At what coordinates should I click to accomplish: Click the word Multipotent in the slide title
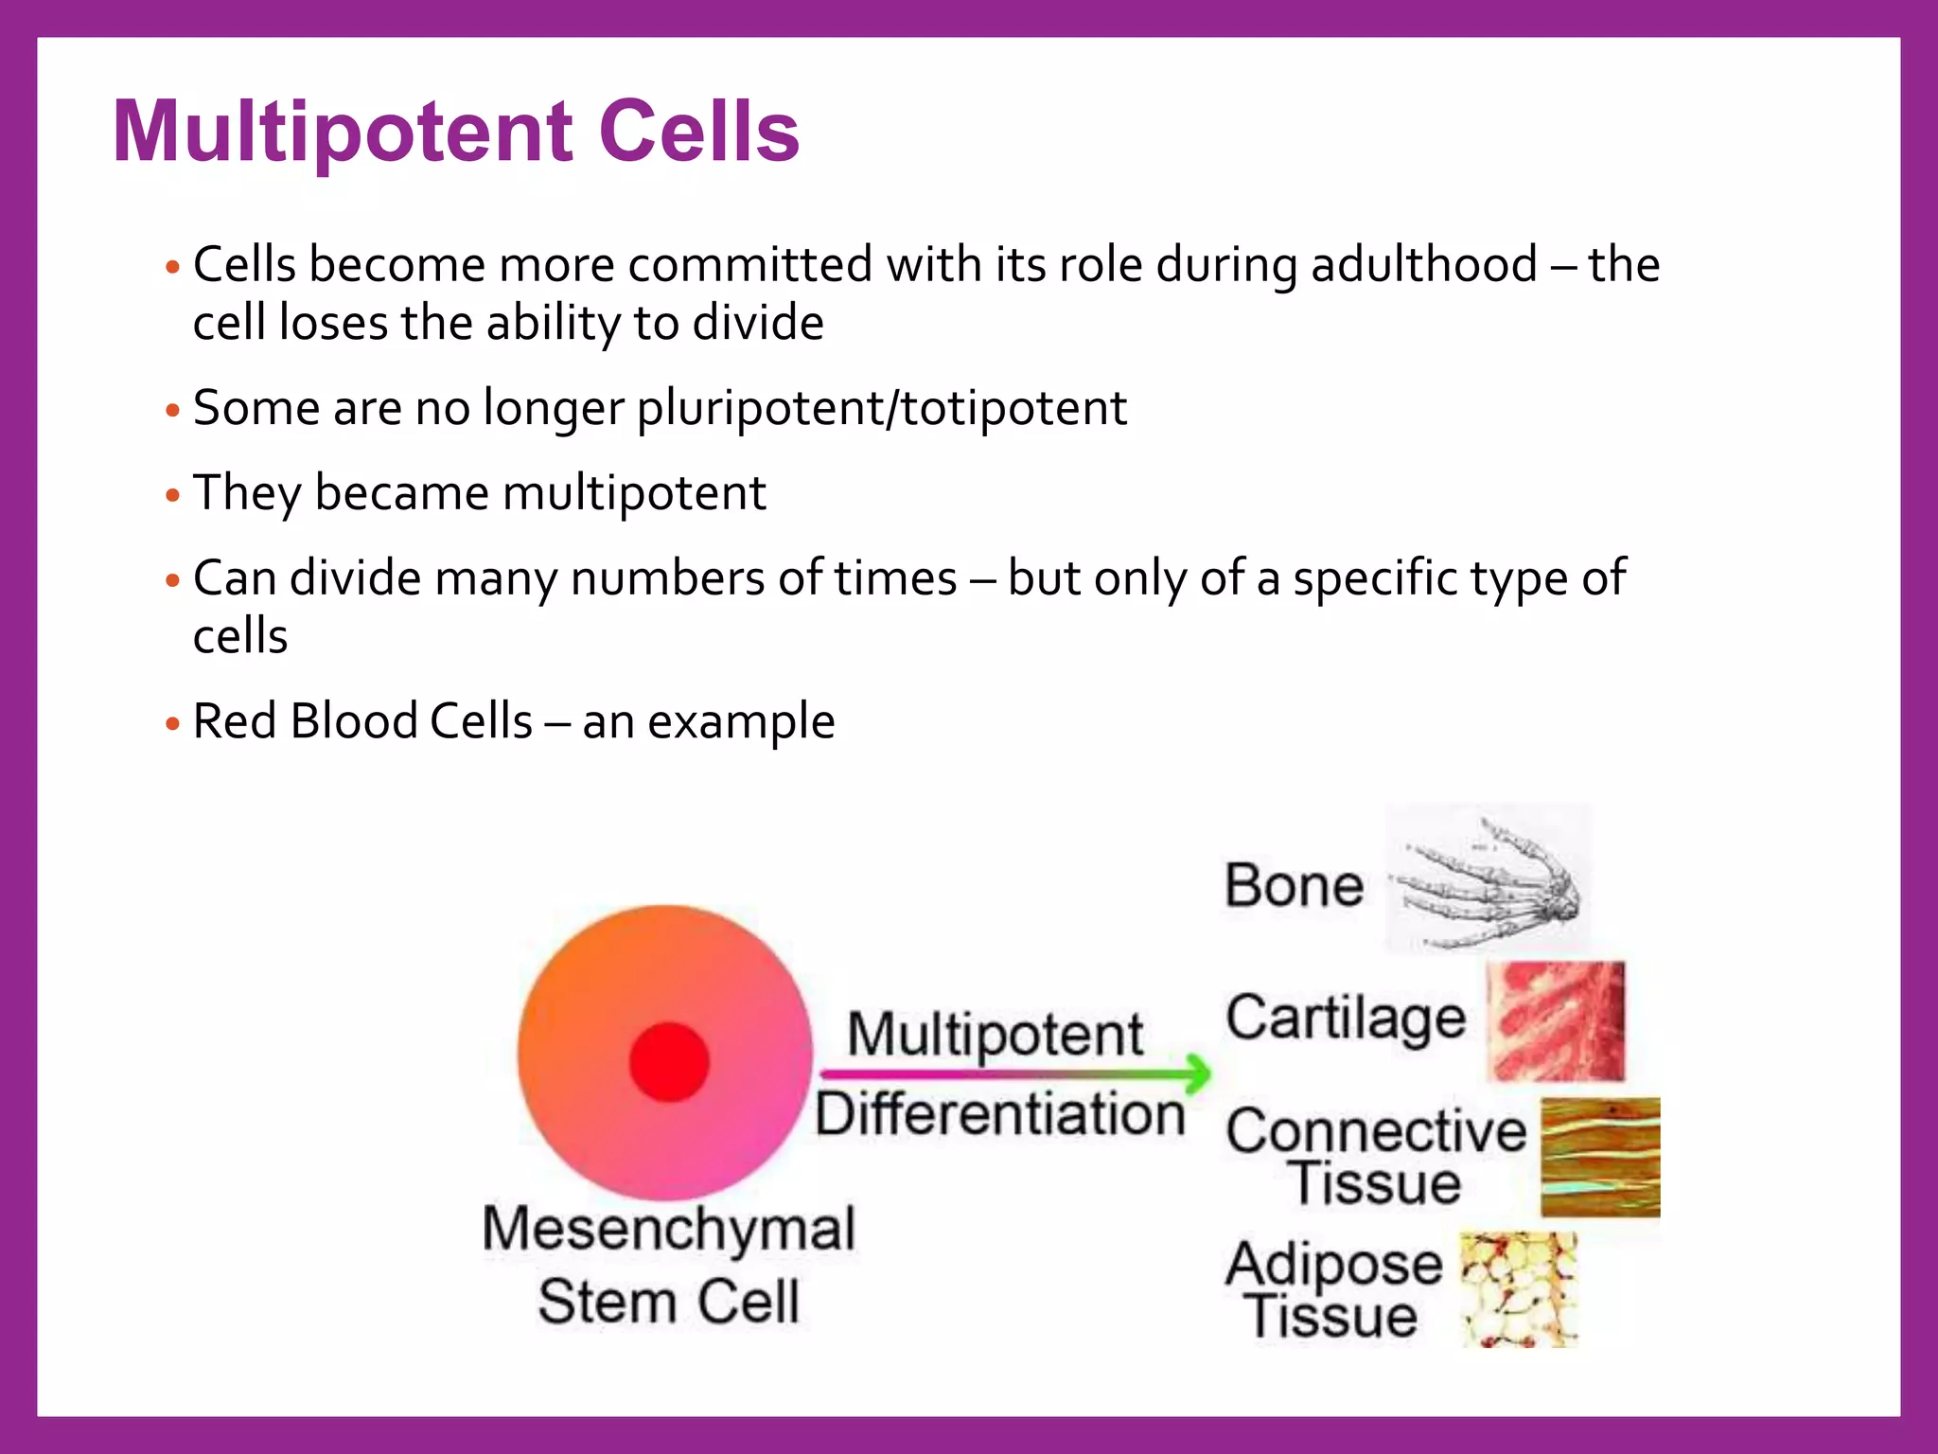(x=343, y=133)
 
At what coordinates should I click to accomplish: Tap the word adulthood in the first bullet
(x=1423, y=265)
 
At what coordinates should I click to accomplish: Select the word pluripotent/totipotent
(x=881, y=409)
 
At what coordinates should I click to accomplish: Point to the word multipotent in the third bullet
(x=634, y=493)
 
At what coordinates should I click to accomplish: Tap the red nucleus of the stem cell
(x=669, y=1062)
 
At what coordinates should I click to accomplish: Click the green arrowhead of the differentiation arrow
(x=1197, y=1073)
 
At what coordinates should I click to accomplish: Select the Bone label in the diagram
(x=1294, y=886)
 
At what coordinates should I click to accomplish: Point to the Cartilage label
(x=1345, y=1019)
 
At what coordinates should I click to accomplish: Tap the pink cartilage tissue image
(x=1556, y=1021)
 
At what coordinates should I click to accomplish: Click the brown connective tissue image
(x=1599, y=1157)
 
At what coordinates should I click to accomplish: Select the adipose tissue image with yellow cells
(x=1518, y=1289)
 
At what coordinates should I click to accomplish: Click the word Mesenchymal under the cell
(x=668, y=1229)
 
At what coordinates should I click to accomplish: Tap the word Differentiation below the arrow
(x=999, y=1114)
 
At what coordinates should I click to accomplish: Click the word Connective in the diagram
(x=1376, y=1131)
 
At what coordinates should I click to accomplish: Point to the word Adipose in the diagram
(x=1333, y=1264)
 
